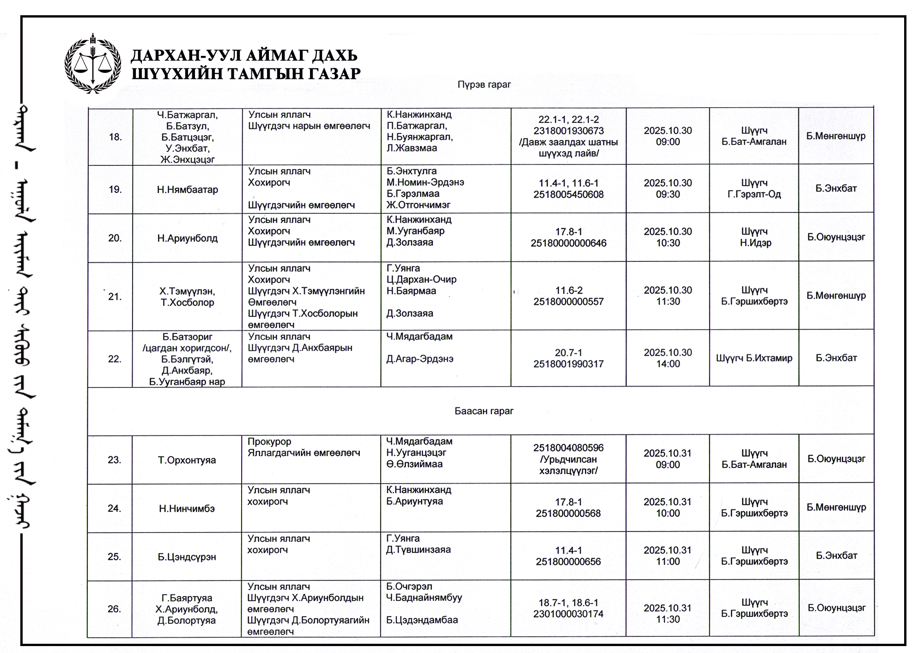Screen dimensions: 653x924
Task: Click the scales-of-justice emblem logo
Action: point(93,63)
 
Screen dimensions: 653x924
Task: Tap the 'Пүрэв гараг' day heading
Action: point(484,85)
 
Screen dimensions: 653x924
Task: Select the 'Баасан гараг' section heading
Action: point(484,411)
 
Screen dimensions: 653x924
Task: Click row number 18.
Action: point(115,137)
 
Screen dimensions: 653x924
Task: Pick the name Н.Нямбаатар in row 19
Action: point(187,189)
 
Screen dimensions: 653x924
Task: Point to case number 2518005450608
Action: point(568,194)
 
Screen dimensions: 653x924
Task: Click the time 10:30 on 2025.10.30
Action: point(668,243)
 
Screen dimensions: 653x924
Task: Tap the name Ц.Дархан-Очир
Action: point(421,279)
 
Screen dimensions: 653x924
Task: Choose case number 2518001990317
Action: point(568,364)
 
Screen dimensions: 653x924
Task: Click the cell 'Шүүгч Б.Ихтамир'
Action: point(754,358)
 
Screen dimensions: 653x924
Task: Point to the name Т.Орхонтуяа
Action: point(187,460)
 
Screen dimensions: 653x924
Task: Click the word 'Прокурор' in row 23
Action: point(269,441)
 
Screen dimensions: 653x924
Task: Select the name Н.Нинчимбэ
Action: point(187,508)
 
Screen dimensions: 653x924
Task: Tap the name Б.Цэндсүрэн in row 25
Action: point(187,557)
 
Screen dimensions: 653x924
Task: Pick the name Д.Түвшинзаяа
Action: point(418,550)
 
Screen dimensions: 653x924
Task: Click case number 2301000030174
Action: point(568,614)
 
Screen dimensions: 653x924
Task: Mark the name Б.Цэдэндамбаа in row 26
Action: point(422,620)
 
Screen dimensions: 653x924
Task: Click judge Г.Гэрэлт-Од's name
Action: point(754,194)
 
